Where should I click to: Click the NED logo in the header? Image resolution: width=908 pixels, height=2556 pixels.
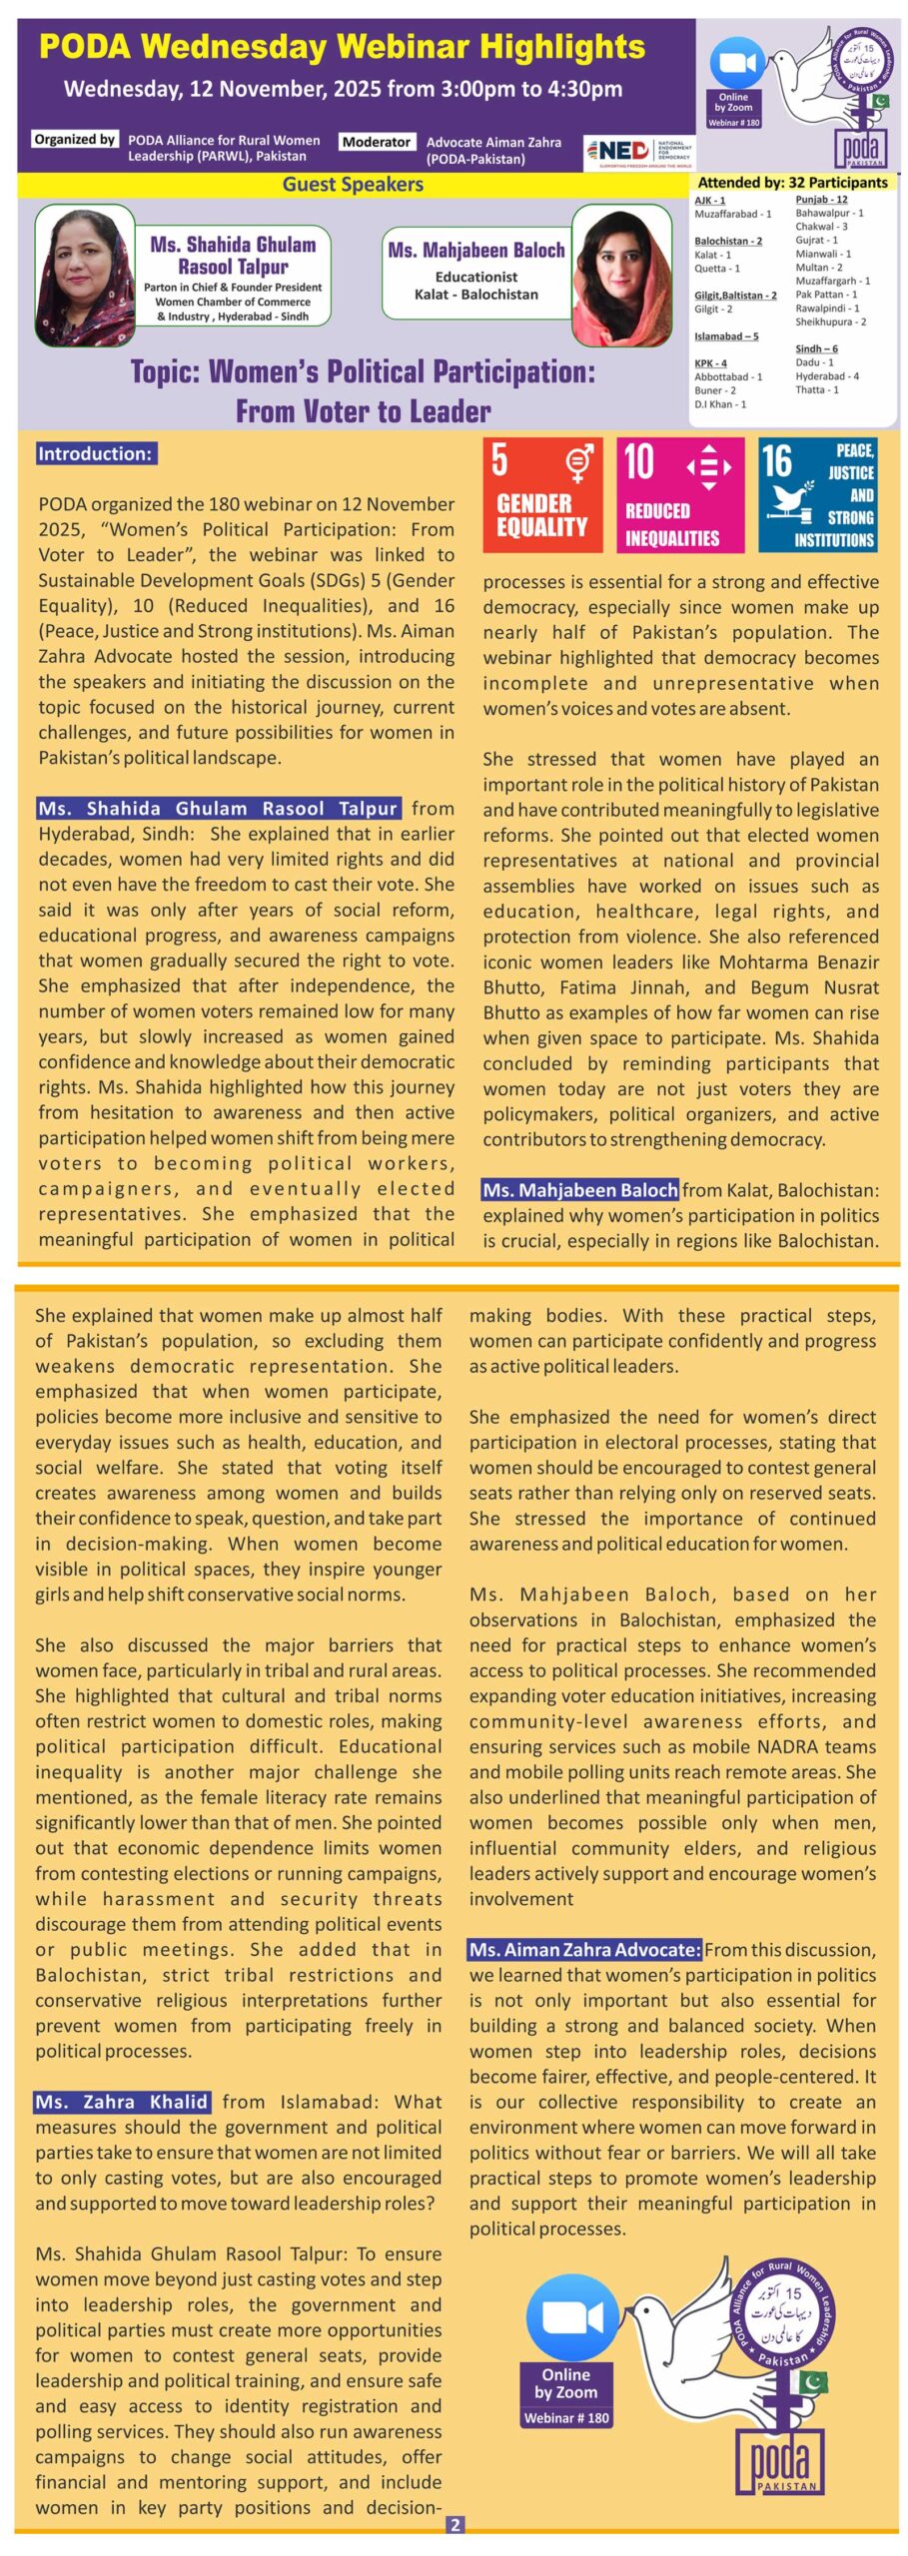coord(638,152)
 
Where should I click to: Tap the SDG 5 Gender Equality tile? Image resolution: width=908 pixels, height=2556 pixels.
coord(541,494)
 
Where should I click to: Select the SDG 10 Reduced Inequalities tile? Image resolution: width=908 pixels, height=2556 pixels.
coord(679,494)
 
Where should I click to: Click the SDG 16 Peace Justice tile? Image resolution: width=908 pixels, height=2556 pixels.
coord(817,494)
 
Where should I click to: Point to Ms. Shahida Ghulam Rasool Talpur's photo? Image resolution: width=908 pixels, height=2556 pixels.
coord(85,274)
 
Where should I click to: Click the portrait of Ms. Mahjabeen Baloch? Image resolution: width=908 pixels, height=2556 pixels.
coord(621,274)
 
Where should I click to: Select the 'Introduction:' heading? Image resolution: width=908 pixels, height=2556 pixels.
coord(95,454)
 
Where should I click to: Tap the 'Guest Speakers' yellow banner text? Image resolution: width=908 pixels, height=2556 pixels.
coord(353,185)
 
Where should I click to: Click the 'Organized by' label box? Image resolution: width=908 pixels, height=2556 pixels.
coord(74,140)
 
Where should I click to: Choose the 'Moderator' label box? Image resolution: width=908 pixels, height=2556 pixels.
coord(377,142)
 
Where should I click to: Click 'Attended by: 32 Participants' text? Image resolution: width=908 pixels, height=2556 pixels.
coord(792,183)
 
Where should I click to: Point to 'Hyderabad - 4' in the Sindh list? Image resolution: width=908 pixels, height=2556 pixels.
coord(826,376)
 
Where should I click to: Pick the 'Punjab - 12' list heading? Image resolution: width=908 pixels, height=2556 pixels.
coord(821,200)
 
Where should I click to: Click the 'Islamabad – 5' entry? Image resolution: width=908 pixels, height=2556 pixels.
coord(726,336)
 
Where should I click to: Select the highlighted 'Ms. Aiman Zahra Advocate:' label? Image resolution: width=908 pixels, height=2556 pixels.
coord(584,1949)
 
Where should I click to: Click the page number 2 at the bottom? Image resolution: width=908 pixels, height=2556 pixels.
coord(454,2525)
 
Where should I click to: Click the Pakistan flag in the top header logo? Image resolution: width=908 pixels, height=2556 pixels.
coord(879,101)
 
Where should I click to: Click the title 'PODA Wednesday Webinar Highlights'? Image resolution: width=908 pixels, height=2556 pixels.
coord(342,47)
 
